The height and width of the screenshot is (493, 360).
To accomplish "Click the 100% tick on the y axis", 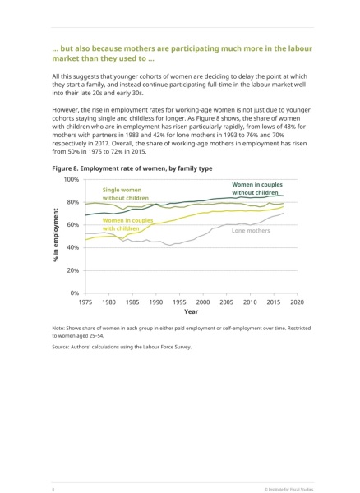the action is click(x=72, y=179).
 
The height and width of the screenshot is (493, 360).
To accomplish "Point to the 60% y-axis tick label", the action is click(x=72, y=225).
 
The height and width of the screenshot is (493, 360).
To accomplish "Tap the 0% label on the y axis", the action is click(x=75, y=293).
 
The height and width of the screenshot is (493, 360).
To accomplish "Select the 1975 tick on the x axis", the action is click(x=85, y=302).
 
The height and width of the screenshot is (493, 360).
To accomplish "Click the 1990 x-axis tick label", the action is click(x=156, y=302).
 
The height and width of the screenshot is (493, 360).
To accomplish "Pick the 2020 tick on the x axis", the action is click(x=297, y=302).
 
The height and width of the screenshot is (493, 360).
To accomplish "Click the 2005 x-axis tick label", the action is click(x=226, y=302).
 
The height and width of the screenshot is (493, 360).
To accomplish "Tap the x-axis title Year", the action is click(x=192, y=311).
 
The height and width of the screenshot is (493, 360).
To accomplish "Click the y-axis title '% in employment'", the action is click(x=56, y=235).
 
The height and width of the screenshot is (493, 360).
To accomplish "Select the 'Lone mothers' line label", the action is click(x=251, y=230).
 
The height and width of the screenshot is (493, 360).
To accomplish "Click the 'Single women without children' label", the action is click(x=126, y=194).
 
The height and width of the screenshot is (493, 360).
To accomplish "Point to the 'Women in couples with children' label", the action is click(x=127, y=224).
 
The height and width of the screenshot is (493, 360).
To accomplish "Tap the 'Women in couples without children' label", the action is click(x=257, y=189).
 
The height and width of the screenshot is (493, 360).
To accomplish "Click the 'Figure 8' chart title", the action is click(x=132, y=168).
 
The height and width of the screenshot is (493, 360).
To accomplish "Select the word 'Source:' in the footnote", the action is click(x=60, y=347).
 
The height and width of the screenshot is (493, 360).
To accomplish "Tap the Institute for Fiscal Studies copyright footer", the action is click(x=289, y=489).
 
